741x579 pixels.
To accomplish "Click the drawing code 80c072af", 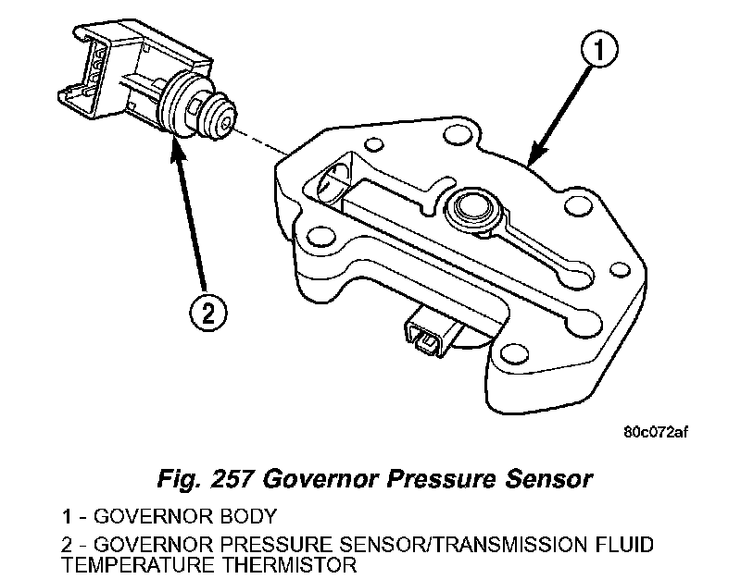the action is click(655, 431).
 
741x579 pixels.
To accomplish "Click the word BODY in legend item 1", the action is click(250, 515).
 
